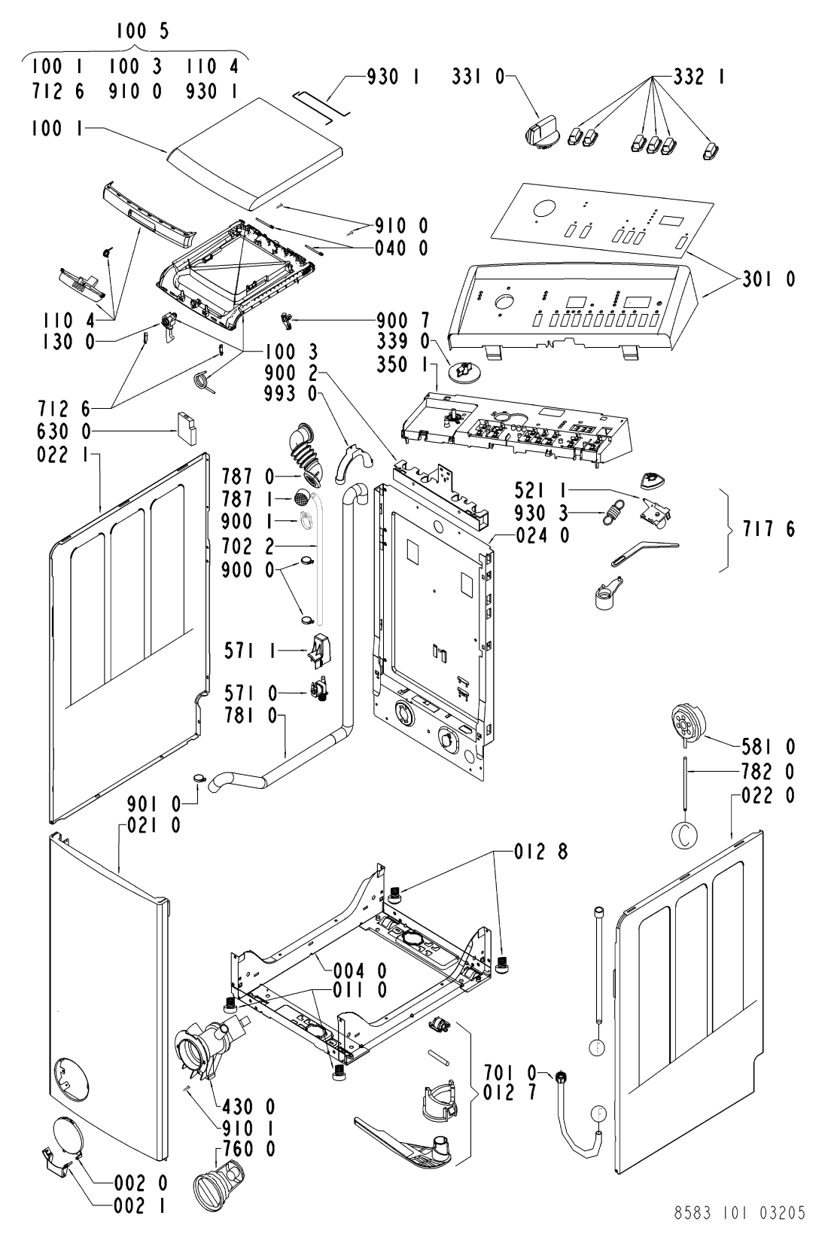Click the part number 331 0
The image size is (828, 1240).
(478, 77)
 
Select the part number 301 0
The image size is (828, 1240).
(769, 279)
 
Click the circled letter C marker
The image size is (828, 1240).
(685, 836)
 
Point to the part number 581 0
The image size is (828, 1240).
(769, 748)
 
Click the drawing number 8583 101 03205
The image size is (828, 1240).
(739, 1212)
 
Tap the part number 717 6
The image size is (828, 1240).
(769, 529)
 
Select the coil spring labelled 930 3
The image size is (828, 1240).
(613, 512)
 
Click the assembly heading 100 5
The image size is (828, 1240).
(142, 32)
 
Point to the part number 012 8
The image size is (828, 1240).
(540, 852)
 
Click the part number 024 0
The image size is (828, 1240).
(543, 535)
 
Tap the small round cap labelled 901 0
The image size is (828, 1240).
(199, 778)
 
